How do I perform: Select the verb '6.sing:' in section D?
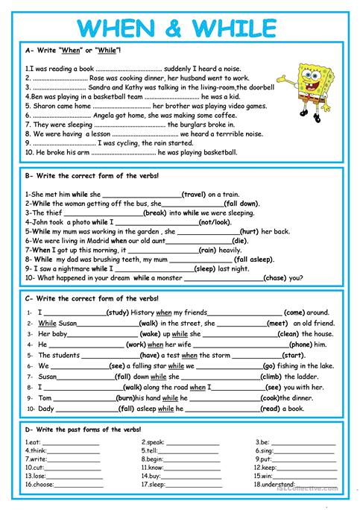coord(264,451)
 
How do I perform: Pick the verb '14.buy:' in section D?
coord(151,475)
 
